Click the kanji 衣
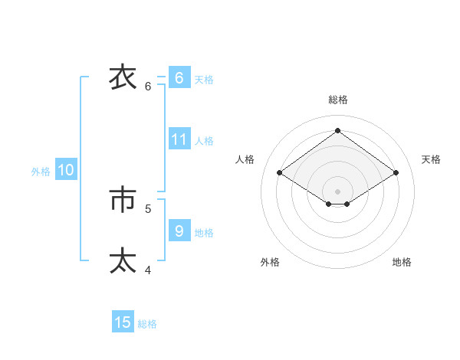pyautogui.click(x=123, y=77)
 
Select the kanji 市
pyautogui.click(x=123, y=200)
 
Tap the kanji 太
pyautogui.click(x=123, y=260)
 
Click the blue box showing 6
pyautogui.click(x=179, y=78)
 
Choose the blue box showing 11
pyautogui.click(x=179, y=139)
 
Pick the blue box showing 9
pyautogui.click(x=179, y=231)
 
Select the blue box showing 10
pyautogui.click(x=66, y=170)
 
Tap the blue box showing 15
pyautogui.click(x=123, y=322)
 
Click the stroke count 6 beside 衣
pyautogui.click(x=148, y=87)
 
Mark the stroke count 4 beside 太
pyautogui.click(x=148, y=270)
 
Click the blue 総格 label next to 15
pyautogui.click(x=147, y=324)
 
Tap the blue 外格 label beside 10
pyautogui.click(x=41, y=172)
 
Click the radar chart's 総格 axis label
pyautogui.click(x=338, y=100)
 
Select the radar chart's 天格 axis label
pyautogui.click(x=431, y=159)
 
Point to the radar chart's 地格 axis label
pyautogui.click(x=402, y=262)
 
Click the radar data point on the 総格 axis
pyautogui.click(x=337, y=130)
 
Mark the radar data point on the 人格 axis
pyautogui.click(x=280, y=173)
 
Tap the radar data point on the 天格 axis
pyautogui.click(x=396, y=173)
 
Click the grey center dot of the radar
pyautogui.click(x=337, y=190)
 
